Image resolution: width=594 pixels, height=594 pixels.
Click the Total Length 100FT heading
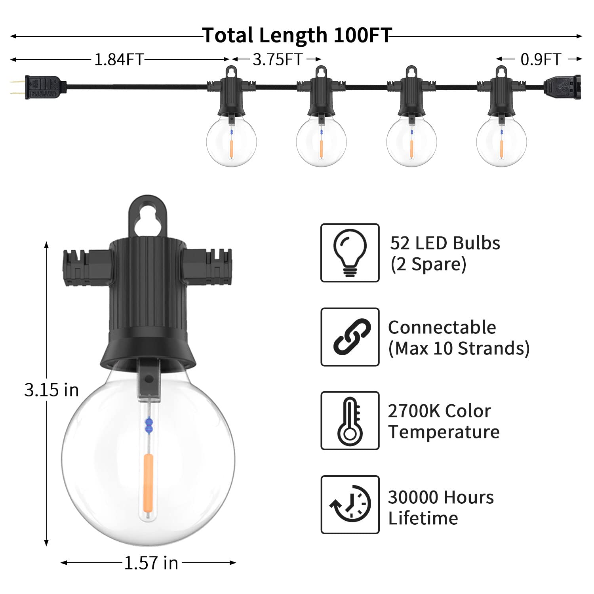(x=297, y=36)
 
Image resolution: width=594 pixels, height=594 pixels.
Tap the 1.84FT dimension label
(x=118, y=60)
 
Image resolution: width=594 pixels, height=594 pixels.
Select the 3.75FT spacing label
(x=278, y=60)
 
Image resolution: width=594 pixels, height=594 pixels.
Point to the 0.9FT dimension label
(x=541, y=60)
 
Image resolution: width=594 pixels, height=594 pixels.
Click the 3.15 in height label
(x=51, y=390)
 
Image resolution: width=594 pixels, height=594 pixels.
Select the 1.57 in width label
(x=151, y=563)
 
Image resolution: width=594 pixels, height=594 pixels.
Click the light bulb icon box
(x=350, y=253)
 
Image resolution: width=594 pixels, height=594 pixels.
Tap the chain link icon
(x=350, y=337)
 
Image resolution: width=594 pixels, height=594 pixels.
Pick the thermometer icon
(x=350, y=421)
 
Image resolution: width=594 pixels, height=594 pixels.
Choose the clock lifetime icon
(x=350, y=505)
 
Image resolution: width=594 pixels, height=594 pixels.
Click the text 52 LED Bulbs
(x=445, y=243)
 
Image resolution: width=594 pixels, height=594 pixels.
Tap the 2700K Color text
(x=439, y=411)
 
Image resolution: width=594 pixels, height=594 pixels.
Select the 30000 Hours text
(x=440, y=497)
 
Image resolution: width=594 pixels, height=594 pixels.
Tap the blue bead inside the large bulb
(x=149, y=425)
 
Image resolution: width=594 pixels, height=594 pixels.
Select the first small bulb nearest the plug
(x=231, y=141)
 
